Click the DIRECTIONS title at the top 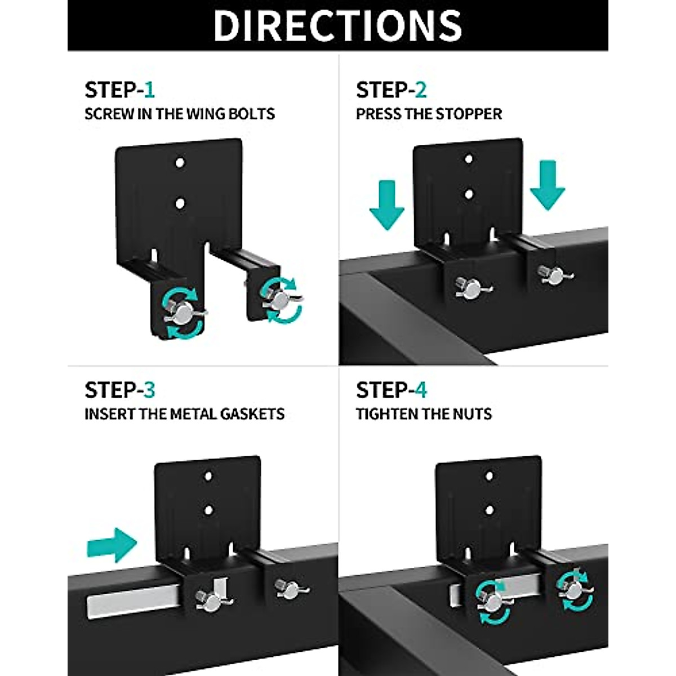(338, 25)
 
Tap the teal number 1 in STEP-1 (149, 90)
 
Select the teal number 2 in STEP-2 (420, 90)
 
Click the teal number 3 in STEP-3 (149, 390)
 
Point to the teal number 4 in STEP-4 (421, 390)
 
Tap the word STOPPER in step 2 (469, 114)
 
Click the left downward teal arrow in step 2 (386, 204)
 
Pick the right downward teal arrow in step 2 (548, 184)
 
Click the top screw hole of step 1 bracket (180, 163)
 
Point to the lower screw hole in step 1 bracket (180, 202)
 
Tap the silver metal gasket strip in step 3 (135, 606)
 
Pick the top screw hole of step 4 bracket (489, 476)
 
